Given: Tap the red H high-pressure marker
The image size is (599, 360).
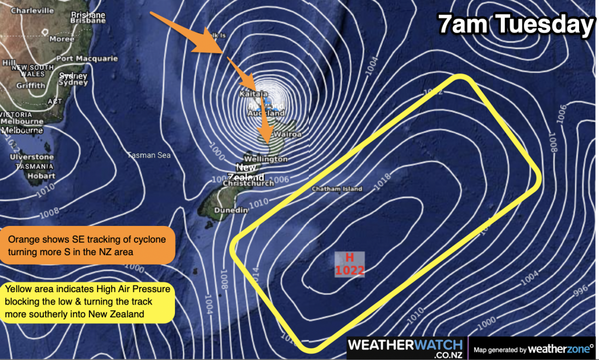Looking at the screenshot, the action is point(350,258).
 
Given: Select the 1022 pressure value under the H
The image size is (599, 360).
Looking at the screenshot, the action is point(350,270).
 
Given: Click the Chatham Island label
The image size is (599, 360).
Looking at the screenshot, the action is point(337,189).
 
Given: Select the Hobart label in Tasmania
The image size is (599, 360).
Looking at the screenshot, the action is point(41,176).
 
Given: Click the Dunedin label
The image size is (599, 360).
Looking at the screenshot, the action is point(228,210).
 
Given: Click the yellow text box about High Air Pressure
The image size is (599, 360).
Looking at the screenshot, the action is point(88,303).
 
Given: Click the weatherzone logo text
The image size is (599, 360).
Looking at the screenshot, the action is point(559,349).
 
